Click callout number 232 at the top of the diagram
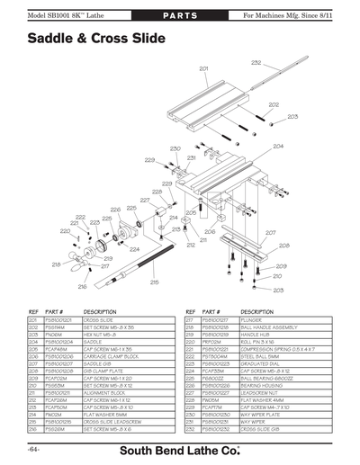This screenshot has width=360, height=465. [256, 62]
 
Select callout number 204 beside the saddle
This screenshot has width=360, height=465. [278, 146]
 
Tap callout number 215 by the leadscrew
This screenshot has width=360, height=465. [154, 282]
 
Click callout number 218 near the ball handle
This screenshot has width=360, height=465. [56, 264]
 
